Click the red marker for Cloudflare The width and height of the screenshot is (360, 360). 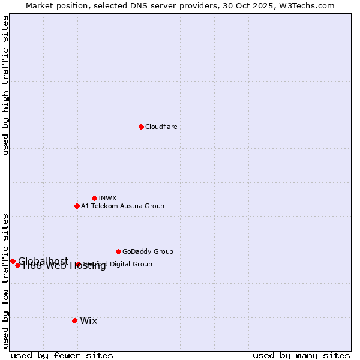coord(141,127)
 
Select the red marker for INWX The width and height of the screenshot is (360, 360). coord(94,198)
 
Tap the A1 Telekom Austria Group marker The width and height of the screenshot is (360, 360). coord(77,206)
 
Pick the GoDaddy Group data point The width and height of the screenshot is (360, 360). coord(118,251)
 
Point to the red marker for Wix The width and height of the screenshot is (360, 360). coord(74,320)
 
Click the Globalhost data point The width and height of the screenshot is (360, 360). coord(13,261)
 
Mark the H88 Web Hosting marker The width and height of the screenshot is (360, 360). coord(18,265)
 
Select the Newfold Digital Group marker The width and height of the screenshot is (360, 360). coord(78,264)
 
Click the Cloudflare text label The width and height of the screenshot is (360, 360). coord(161,127)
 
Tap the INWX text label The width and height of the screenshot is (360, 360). coord(107,198)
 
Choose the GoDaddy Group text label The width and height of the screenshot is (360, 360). coord(148,251)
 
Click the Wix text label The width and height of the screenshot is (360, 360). coord(88,320)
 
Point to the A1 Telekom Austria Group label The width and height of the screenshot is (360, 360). coord(122,206)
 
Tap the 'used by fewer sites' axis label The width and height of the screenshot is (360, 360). coord(62,355)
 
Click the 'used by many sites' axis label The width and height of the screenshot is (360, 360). coord(301,355)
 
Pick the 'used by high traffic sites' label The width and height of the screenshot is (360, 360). coord(5,85)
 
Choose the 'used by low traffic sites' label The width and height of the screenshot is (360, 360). coord(5,280)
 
